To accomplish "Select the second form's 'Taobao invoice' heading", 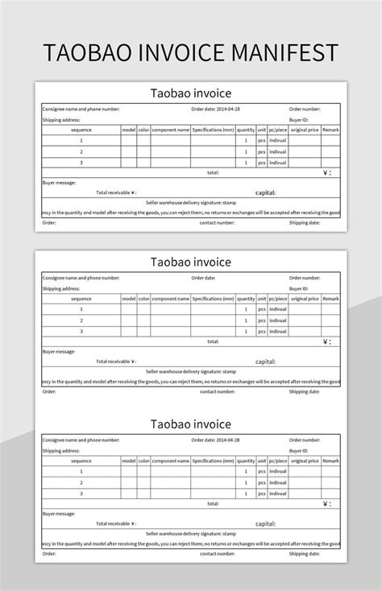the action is tap(191, 262).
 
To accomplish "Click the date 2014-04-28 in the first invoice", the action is tap(224, 108).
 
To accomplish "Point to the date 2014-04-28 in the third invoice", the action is tap(224, 440).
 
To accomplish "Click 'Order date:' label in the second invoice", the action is tap(203, 278).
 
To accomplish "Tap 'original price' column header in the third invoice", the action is tap(305, 461).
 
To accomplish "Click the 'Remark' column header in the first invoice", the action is tap(330, 129).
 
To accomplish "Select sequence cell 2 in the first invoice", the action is tap(81, 151).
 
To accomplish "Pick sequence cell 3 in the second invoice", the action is tap(81, 331).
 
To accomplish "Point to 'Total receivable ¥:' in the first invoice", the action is tap(117, 192).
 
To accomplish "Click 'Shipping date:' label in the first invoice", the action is tap(305, 222).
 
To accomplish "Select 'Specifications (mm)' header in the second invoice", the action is tap(213, 299).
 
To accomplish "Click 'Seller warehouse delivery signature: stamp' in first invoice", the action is tap(191, 202).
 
